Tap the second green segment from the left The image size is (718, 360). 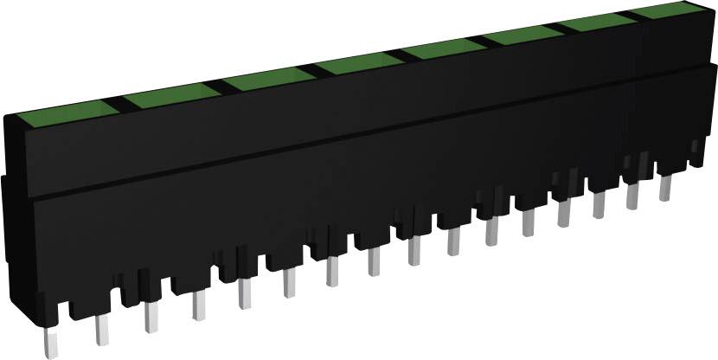coord(170,97)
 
